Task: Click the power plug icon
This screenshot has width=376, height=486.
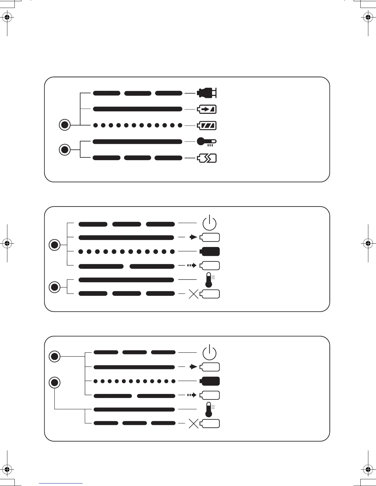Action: click(207, 93)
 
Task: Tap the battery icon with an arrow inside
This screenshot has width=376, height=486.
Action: click(207, 109)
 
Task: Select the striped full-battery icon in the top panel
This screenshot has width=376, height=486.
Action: click(207, 125)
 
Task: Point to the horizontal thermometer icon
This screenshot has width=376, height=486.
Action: click(207, 142)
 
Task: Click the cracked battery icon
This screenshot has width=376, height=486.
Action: click(207, 158)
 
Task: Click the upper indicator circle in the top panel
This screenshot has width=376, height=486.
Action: click(65, 125)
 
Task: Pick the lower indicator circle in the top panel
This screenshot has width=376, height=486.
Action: click(65, 150)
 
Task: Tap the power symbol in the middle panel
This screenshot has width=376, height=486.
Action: click(210, 223)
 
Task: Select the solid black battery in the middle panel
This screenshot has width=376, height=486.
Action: click(210, 251)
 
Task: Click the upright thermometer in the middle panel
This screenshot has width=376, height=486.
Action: click(209, 280)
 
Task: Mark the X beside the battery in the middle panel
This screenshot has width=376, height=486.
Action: click(193, 294)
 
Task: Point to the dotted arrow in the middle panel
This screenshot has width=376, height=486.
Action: click(192, 265)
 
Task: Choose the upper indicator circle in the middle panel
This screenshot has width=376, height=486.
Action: click(55, 245)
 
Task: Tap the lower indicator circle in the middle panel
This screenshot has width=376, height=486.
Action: click(55, 287)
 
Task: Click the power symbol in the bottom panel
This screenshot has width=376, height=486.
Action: click(210, 352)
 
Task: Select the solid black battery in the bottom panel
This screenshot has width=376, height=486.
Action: click(210, 381)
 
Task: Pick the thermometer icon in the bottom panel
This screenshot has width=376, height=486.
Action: click(209, 409)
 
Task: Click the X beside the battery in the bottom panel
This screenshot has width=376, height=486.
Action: click(193, 424)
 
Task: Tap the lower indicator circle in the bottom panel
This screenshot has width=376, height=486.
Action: click(55, 383)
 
